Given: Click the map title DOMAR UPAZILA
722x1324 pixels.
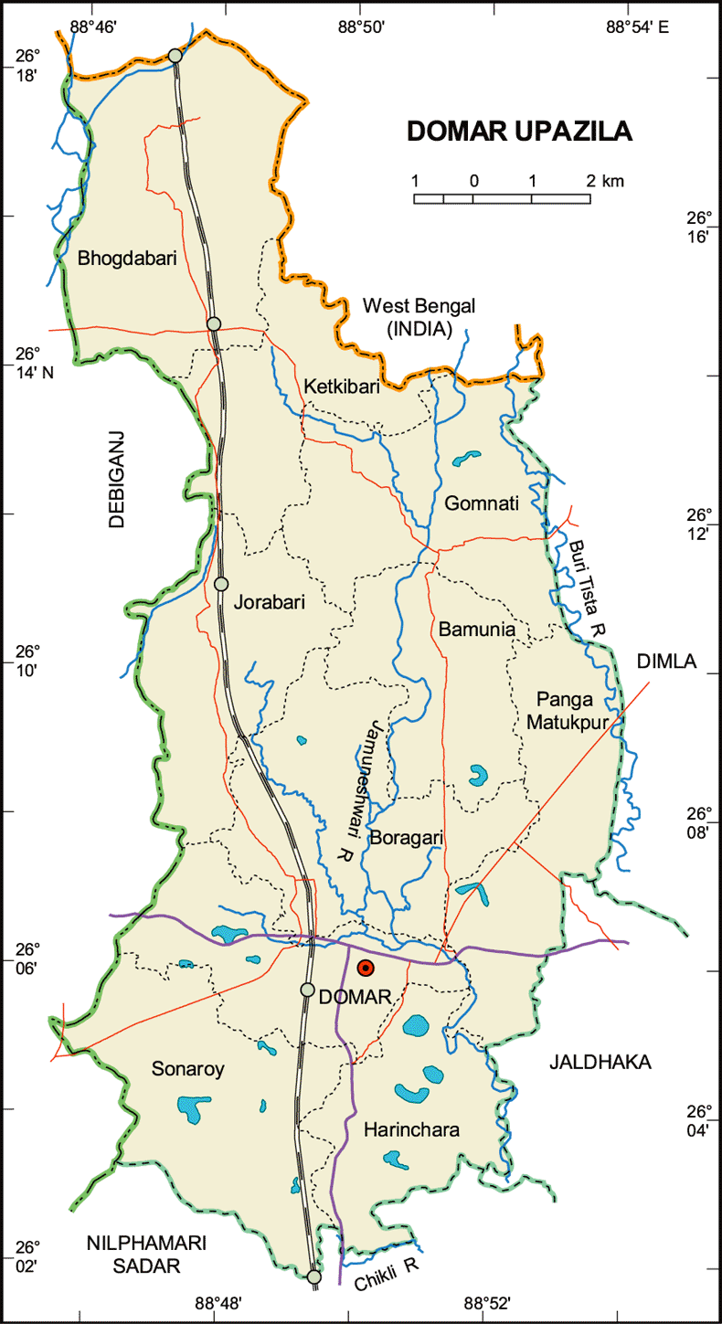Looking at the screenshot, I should click(x=519, y=132).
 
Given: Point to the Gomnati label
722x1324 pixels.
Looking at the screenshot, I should click(x=483, y=503).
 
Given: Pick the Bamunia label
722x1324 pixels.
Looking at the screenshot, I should click(x=477, y=630).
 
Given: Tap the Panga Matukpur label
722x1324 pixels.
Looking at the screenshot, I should click(x=560, y=711).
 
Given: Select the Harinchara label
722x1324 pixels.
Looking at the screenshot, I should click(x=411, y=1130).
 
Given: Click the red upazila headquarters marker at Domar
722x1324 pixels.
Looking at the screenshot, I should click(x=366, y=969).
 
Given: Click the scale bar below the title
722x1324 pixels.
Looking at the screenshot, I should click(x=502, y=197).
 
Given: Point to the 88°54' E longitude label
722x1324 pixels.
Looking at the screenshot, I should click(x=637, y=26).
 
